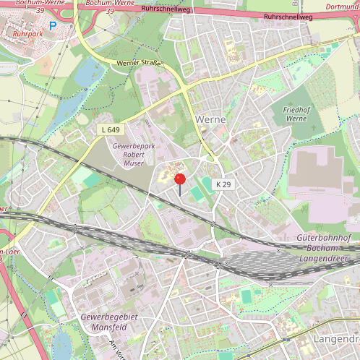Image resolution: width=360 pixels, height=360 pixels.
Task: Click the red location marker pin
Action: point(180,180)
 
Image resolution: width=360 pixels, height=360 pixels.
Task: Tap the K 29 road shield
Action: point(223,185)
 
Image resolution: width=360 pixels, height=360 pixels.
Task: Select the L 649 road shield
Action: point(110,129)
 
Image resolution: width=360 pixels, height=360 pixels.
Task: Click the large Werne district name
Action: point(210,119)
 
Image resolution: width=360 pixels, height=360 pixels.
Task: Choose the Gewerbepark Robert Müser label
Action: point(129,155)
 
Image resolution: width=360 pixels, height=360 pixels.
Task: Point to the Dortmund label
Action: point(343,8)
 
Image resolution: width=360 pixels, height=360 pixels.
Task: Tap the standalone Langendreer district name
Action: point(335,338)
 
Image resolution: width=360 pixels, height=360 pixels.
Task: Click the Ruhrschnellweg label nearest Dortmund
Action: point(288,16)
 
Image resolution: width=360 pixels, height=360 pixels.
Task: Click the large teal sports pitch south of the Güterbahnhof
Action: point(247,296)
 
